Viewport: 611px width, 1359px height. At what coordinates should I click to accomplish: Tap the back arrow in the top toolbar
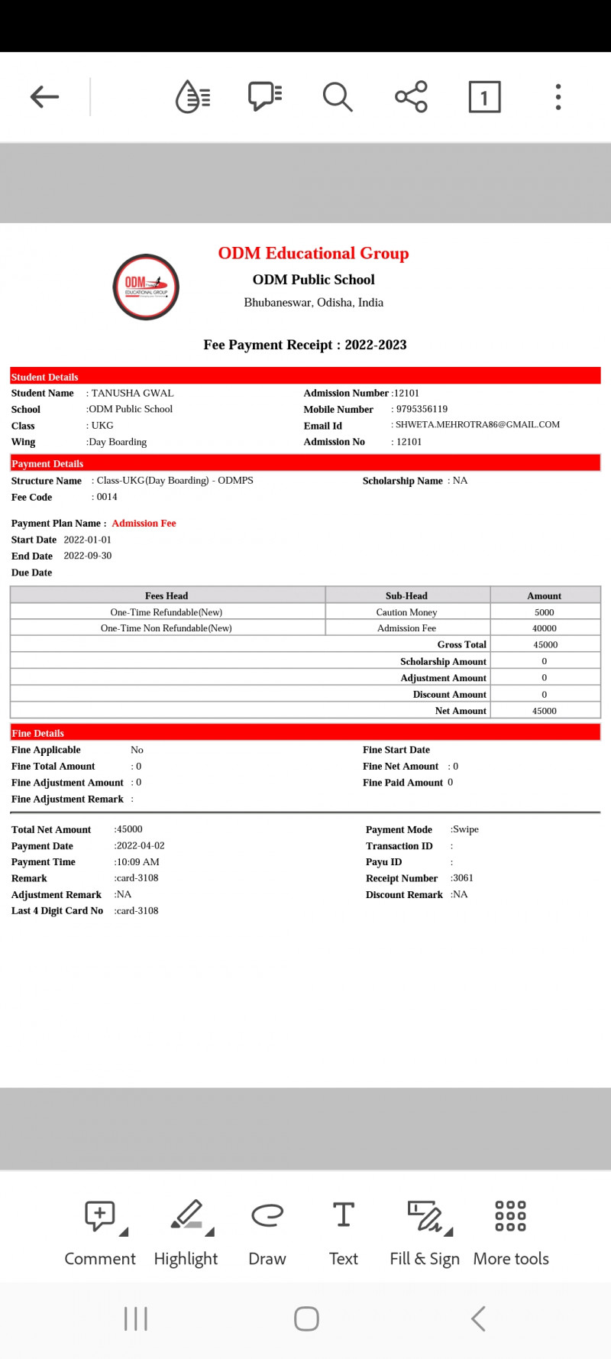44,97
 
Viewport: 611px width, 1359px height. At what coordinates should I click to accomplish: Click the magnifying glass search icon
337,97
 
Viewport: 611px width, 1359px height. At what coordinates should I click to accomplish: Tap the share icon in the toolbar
411,97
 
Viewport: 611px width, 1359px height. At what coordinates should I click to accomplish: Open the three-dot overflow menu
558,97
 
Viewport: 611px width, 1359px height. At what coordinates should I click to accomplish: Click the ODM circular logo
146,287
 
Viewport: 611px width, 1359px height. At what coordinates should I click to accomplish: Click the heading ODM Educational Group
313,253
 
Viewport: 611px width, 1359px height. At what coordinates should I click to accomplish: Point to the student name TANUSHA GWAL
132,393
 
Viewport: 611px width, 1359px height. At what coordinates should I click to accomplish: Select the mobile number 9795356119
422,409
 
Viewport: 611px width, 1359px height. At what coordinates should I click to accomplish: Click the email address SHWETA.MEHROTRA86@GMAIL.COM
477,424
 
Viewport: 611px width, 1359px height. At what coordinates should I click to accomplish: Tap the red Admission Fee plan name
144,524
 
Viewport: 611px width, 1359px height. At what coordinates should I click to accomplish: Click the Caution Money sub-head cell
406,612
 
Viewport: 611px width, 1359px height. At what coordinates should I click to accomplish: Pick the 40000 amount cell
545,628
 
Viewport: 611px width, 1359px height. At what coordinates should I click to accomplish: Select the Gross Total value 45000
545,645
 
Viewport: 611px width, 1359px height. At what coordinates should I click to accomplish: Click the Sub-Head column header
406,595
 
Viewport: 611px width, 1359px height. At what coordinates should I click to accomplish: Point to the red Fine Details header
305,733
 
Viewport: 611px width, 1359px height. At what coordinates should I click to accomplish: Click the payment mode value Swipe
465,829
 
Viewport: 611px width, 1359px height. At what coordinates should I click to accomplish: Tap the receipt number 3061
463,878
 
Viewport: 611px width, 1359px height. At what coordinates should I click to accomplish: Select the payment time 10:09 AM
137,862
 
